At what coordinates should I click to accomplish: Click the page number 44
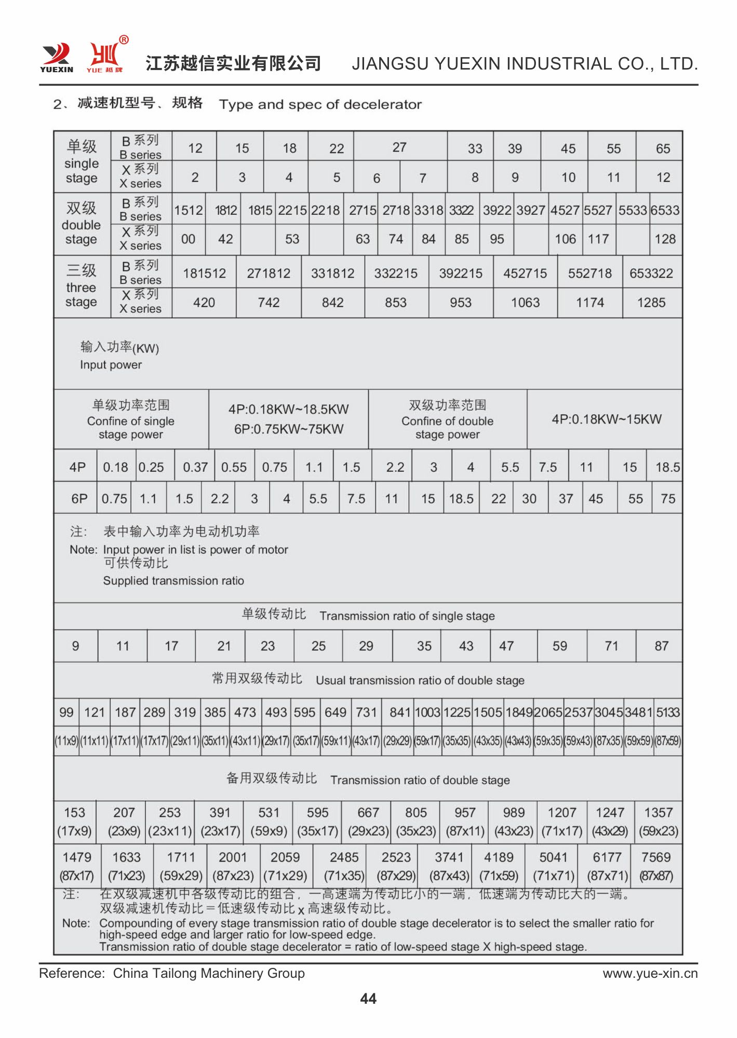point(368,998)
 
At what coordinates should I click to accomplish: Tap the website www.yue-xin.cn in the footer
point(650,973)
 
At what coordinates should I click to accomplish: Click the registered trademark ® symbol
point(124,40)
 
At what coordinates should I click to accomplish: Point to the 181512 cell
point(204,274)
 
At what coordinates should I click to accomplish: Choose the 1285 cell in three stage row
point(651,303)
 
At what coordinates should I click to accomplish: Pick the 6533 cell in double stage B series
point(665,210)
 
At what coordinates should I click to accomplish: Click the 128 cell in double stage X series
point(665,239)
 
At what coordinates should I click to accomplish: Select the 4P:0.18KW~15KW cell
point(606,419)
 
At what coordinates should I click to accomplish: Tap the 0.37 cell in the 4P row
point(195,468)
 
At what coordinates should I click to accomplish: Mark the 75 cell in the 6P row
point(668,499)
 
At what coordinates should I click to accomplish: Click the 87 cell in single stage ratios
point(661,646)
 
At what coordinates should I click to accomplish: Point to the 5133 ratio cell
point(668,713)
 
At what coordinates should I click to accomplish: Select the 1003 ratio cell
point(427,713)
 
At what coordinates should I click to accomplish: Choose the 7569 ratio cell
point(656,857)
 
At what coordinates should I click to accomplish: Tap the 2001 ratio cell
point(233,857)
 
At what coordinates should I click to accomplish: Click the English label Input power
point(111,365)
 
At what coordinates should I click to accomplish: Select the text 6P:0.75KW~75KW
point(288,429)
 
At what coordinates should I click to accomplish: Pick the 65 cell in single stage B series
point(663,148)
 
